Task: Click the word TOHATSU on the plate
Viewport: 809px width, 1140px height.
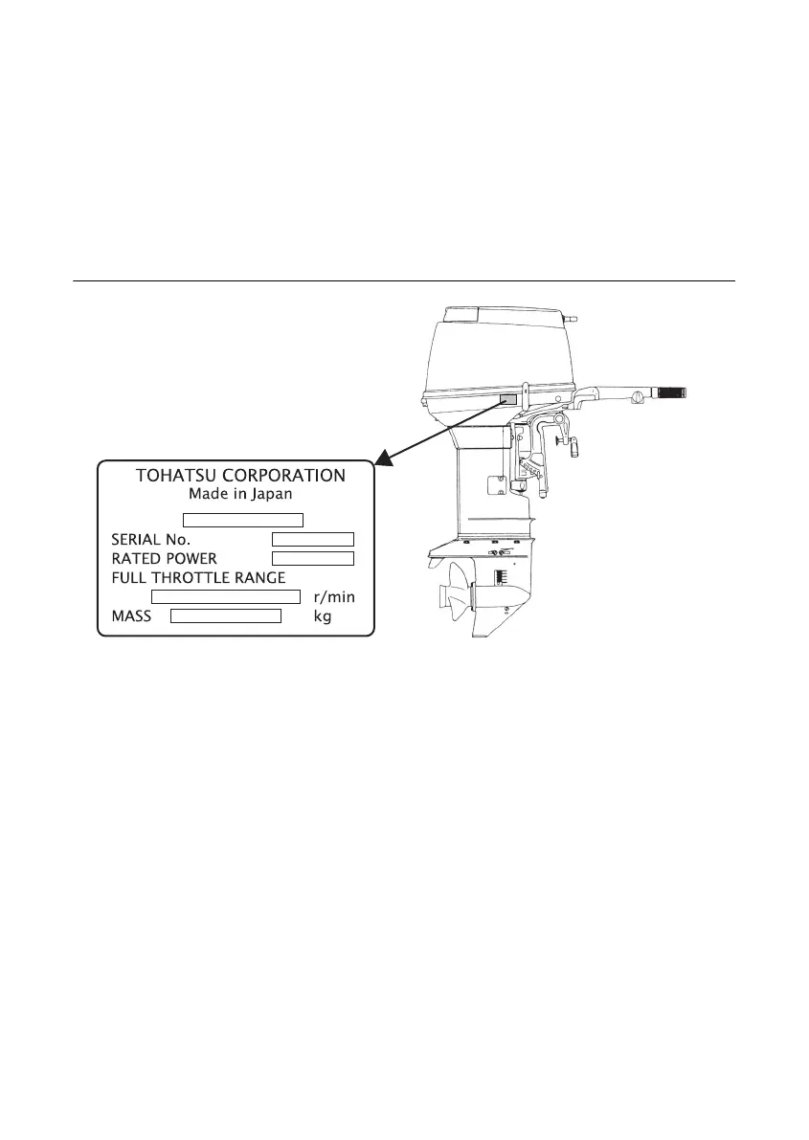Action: (175, 475)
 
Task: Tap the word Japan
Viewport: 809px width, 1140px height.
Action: (270, 495)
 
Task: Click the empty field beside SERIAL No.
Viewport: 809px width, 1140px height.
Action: (313, 538)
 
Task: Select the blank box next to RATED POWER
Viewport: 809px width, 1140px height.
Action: (313, 558)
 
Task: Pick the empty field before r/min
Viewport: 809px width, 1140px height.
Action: (227, 597)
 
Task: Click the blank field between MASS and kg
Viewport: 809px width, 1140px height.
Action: (226, 616)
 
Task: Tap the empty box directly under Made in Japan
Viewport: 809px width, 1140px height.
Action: (243, 520)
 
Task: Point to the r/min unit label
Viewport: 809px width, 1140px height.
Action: (334, 597)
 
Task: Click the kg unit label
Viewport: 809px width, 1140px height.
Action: (324, 617)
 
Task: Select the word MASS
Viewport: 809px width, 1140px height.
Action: (131, 617)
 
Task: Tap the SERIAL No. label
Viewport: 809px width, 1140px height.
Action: (151, 539)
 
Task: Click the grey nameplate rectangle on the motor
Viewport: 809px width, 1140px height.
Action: (508, 397)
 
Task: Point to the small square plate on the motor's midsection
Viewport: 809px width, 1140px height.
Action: (496, 485)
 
